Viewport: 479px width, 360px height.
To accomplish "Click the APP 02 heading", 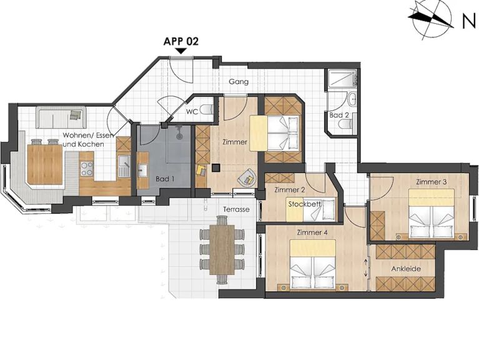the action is tap(181, 41).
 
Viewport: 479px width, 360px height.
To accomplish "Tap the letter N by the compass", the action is tap(469, 21).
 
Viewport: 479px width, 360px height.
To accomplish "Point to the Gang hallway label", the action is tap(239, 82).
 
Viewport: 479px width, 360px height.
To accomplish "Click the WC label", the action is tap(192, 111).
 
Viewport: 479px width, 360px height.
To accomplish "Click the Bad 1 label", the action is tap(165, 179).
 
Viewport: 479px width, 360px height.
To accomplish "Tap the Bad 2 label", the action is tap(338, 115).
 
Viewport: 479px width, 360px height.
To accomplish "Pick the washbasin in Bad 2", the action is tap(352, 99).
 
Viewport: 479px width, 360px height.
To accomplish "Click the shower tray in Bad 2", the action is tap(342, 79).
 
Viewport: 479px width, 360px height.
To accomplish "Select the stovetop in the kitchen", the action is tap(86, 169).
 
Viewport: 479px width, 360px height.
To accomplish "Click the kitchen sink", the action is tap(124, 165).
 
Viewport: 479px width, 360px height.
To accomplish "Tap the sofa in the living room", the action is tap(61, 117).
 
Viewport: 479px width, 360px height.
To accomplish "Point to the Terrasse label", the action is tap(236, 209).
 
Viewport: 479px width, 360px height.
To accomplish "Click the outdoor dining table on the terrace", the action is tap(222, 249).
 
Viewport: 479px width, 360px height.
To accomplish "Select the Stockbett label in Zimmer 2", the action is tap(304, 204).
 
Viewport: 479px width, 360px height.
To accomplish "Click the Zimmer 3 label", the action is tap(432, 182).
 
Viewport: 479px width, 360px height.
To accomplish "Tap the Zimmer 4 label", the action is tap(312, 232).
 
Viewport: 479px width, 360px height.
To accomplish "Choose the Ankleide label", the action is tap(406, 269).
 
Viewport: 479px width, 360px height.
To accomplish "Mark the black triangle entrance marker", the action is tap(181, 51).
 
